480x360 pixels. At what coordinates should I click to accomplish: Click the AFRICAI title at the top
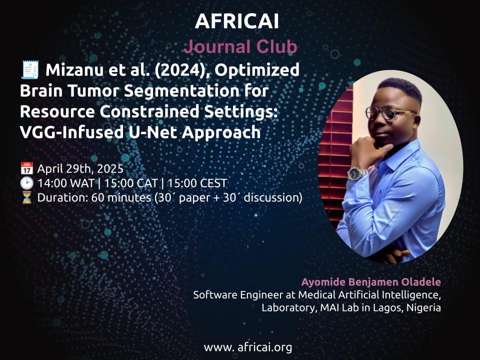pyautogui.click(x=236, y=21)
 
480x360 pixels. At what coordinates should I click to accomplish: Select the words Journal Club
pyautogui.click(x=240, y=47)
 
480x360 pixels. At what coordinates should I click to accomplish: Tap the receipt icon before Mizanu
pyautogui.click(x=29, y=70)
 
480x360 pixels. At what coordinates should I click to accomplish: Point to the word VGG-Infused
pyautogui.click(x=70, y=132)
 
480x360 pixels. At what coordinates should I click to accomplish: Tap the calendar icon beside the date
pyautogui.click(x=26, y=168)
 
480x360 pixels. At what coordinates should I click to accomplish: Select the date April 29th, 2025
pyautogui.click(x=80, y=168)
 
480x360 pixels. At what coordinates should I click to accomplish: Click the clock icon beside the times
pyautogui.click(x=26, y=183)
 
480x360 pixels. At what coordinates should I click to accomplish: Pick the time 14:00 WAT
pyautogui.click(x=66, y=183)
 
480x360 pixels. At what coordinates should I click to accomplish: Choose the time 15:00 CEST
pyautogui.click(x=197, y=183)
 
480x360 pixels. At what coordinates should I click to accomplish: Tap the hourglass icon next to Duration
pyautogui.click(x=26, y=197)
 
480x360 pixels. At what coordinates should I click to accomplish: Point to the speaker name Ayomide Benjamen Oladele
pyautogui.click(x=371, y=282)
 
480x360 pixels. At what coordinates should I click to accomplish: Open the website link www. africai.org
pyautogui.click(x=247, y=347)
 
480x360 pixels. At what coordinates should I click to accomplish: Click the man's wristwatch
pyautogui.click(x=356, y=173)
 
